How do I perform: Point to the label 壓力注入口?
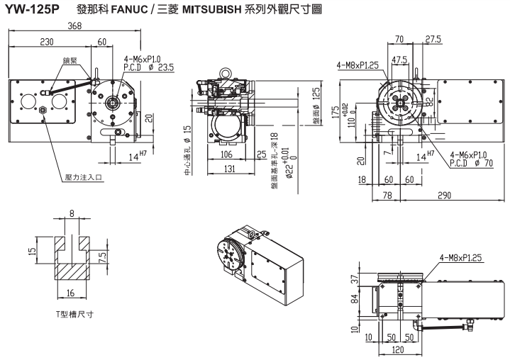pos(84,179)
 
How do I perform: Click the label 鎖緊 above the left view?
pos(70,62)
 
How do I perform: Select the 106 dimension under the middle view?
pos(226,154)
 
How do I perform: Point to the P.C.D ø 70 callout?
pos(472,163)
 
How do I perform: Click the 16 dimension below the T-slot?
pos(72,291)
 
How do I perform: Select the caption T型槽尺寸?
pos(74,313)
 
